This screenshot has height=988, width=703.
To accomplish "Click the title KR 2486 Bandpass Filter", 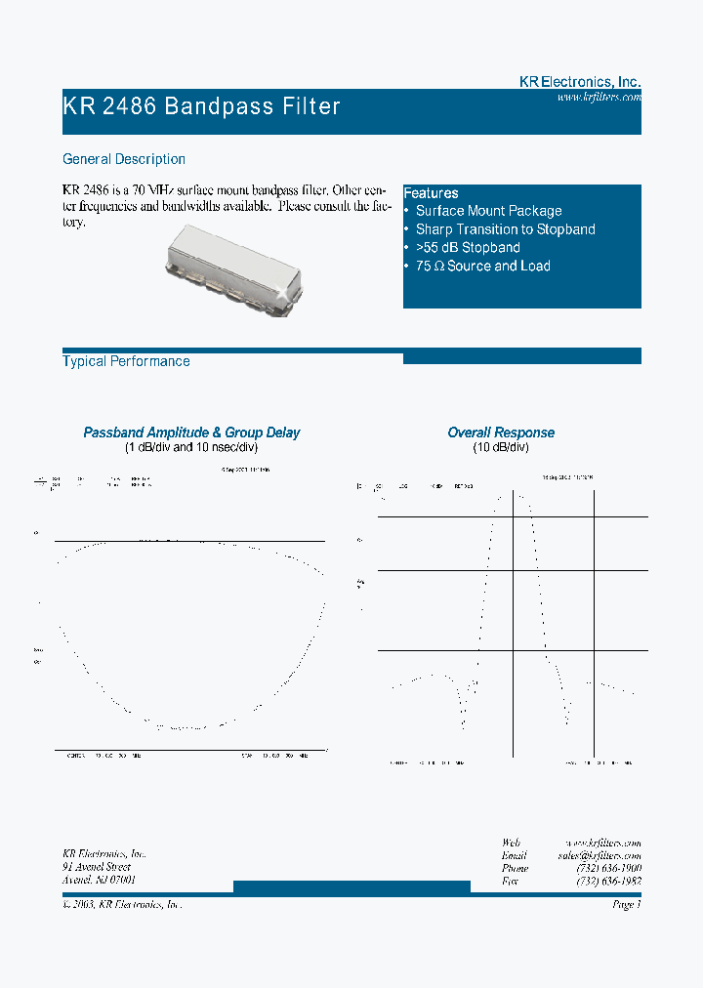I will (202, 106).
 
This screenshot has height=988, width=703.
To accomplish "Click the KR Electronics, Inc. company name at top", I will (579, 83).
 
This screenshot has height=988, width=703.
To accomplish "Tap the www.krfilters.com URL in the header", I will (599, 98).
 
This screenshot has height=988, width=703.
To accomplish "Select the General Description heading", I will (124, 159).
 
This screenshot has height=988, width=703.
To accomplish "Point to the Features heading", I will (431, 193).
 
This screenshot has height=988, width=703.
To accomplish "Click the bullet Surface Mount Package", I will (488, 211).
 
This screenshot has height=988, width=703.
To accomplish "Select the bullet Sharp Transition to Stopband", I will (505, 229).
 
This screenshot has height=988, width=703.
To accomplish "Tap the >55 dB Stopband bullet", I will (468, 248).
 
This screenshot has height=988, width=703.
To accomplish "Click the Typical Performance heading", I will (126, 361).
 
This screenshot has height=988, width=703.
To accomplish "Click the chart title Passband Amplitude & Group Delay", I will (191, 432).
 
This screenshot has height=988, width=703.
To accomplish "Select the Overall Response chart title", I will (501, 432).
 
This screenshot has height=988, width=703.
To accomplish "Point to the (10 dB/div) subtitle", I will (501, 447).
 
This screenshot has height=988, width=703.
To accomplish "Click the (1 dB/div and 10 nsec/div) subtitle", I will (191, 447).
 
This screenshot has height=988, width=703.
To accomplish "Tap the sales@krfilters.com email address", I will (599, 854).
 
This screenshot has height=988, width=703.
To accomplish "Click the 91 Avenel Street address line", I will (97, 867).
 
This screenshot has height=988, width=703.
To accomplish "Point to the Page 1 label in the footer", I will (626, 905).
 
